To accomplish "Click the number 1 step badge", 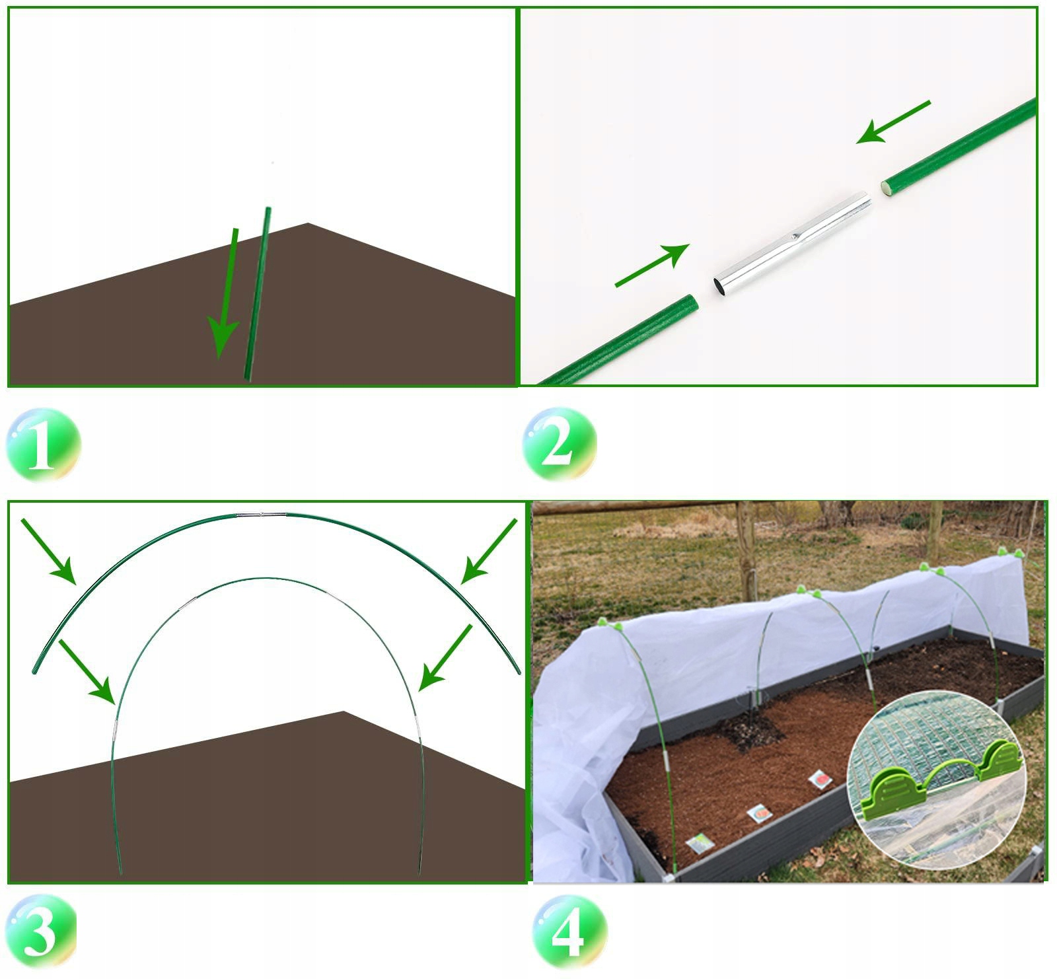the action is (44, 445).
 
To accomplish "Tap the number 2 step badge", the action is (559, 443).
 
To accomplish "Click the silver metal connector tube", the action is (792, 244).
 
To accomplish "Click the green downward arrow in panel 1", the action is (224, 294).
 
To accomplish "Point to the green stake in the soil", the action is (257, 294).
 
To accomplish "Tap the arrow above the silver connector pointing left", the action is (893, 122).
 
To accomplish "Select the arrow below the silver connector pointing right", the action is (653, 265).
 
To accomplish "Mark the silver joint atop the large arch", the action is (261, 515).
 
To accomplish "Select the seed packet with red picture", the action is (819, 779).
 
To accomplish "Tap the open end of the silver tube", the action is (721, 286).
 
